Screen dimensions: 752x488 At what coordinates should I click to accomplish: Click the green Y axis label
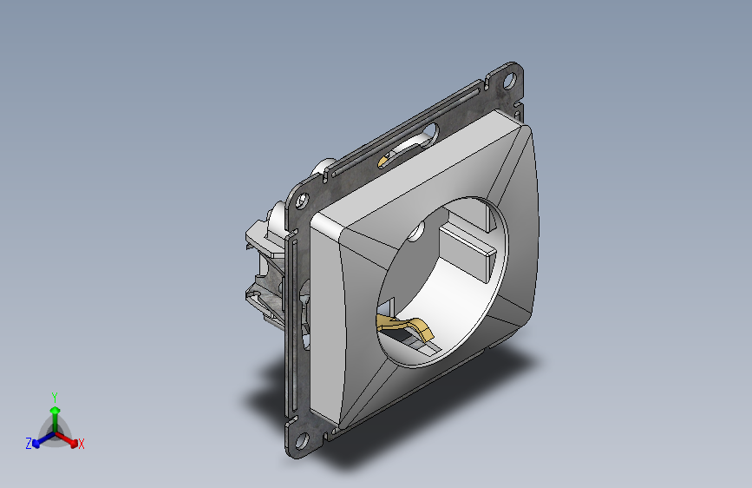tap(55, 397)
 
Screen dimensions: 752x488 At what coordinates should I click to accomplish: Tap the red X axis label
tap(81, 445)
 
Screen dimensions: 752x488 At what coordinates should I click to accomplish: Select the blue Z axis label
tap(29, 444)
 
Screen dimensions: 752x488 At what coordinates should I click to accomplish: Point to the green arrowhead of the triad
tap(56, 410)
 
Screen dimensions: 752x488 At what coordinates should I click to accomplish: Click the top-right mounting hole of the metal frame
tap(509, 80)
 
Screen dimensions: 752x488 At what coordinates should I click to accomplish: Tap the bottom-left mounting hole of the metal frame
tap(302, 440)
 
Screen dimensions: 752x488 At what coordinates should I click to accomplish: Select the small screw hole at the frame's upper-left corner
tap(302, 200)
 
